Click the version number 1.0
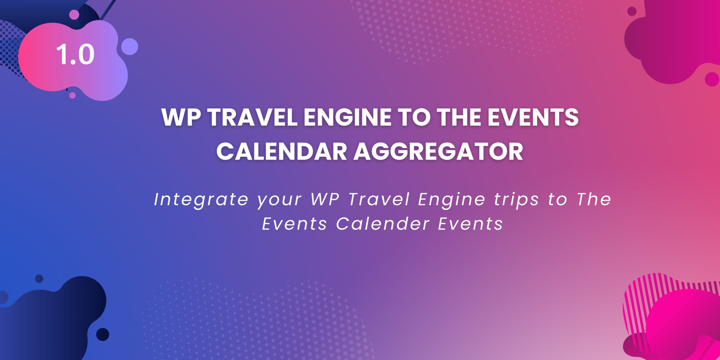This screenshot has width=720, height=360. (x=75, y=54)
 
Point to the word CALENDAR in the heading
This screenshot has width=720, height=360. (x=282, y=151)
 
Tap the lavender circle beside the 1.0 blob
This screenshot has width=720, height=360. (x=130, y=47)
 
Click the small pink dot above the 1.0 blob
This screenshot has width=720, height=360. (x=74, y=15)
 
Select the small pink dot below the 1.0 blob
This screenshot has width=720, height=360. (x=72, y=95)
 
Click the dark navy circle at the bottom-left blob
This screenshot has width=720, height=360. (x=103, y=334)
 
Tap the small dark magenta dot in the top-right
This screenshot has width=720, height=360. (x=632, y=11)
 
